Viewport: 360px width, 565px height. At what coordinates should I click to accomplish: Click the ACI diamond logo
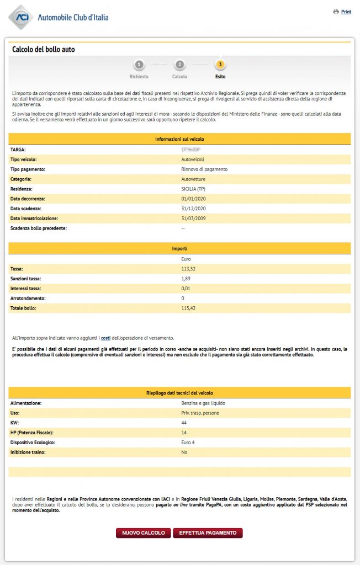22,17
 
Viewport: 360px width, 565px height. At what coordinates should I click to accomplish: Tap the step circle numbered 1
139,65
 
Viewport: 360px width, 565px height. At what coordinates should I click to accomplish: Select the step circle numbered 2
179,65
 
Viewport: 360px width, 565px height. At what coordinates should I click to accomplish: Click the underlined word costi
105,337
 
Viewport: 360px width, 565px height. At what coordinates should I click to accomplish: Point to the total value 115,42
188,308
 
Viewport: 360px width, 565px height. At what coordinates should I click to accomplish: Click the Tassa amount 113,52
188,269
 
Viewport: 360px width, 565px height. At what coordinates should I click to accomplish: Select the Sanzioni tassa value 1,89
186,279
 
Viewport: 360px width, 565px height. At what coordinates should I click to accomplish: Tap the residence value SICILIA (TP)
193,189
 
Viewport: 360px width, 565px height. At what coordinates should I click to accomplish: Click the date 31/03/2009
193,218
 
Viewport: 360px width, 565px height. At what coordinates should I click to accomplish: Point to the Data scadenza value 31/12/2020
193,209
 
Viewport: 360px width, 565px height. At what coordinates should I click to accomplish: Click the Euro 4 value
188,443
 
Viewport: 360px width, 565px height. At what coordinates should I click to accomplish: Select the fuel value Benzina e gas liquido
203,403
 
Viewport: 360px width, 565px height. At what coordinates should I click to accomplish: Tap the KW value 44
184,423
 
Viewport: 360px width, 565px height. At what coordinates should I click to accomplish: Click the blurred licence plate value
190,150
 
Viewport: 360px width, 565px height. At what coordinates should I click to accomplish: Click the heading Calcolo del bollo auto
43,50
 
